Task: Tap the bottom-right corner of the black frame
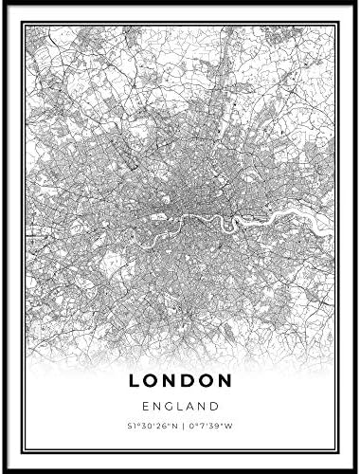point(355,469)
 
